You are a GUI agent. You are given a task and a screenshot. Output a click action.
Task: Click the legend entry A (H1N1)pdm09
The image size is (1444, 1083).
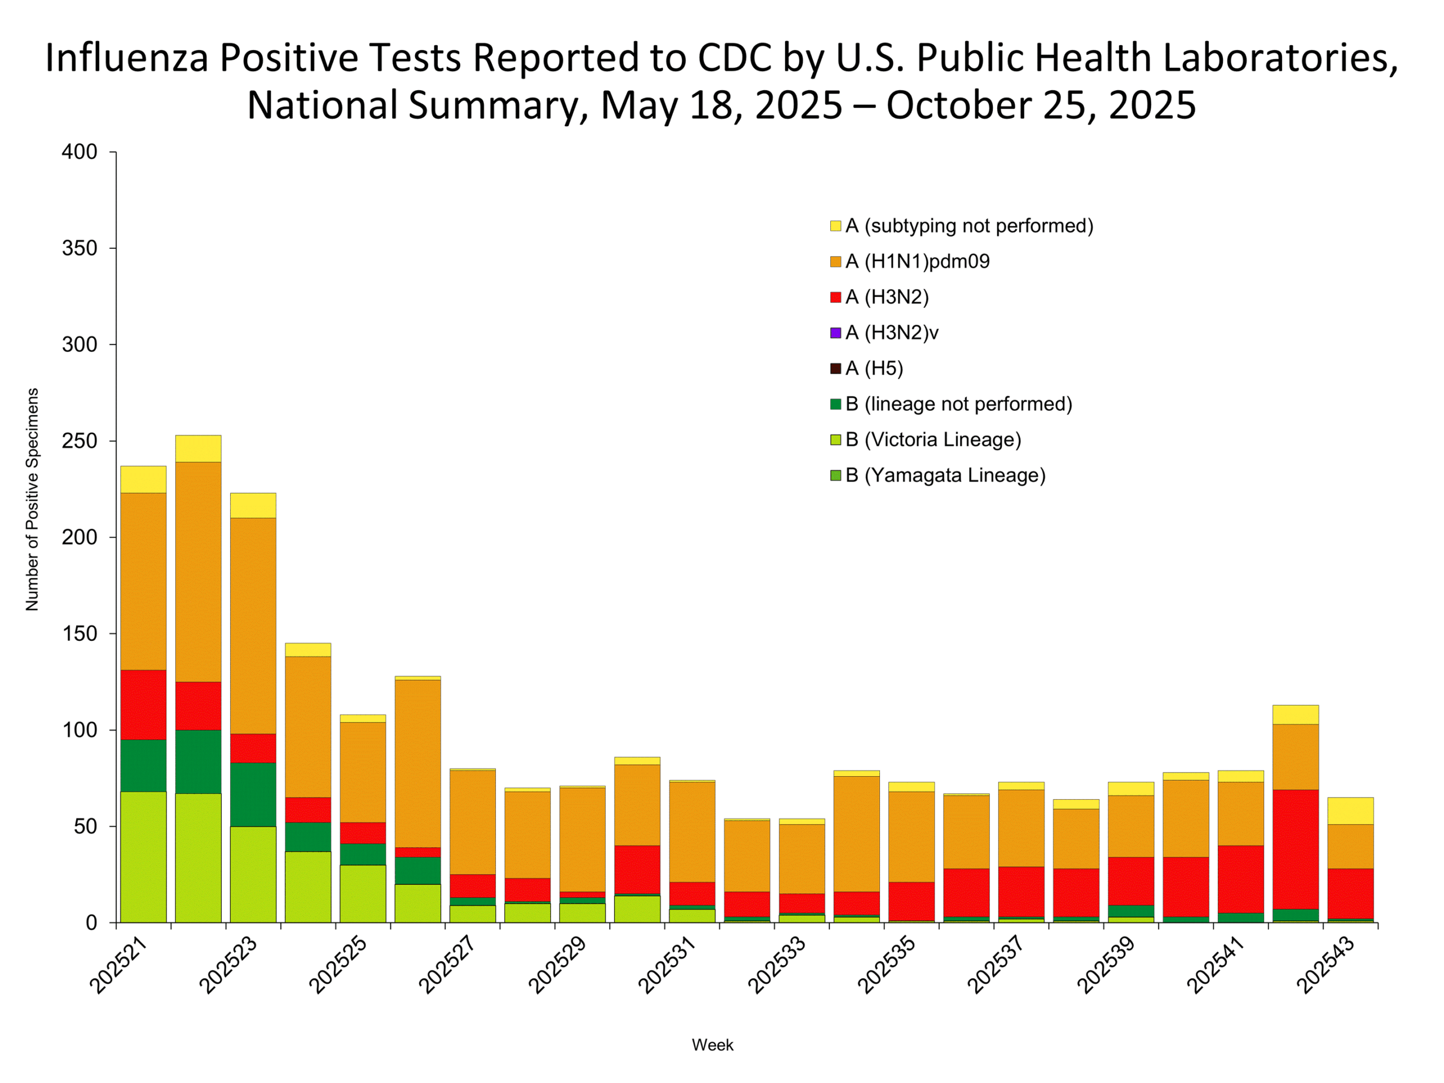917,261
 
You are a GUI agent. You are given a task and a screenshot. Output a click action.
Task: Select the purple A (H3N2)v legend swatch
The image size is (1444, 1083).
835,333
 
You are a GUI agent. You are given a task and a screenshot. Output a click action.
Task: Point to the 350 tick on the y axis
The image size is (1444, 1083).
79,248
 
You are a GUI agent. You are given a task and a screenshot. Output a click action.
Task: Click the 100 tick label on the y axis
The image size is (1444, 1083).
79,730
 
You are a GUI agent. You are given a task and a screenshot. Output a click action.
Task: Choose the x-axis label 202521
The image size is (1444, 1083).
119,963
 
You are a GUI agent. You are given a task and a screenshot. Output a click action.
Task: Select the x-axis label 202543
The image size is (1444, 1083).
1326,963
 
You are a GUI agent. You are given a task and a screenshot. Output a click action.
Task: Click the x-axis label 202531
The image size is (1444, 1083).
667,963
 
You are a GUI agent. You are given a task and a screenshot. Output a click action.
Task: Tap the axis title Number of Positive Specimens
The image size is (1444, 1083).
32,499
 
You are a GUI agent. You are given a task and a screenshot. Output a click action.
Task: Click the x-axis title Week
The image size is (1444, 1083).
712,1045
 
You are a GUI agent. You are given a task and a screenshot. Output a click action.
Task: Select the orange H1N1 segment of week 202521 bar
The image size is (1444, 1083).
143,581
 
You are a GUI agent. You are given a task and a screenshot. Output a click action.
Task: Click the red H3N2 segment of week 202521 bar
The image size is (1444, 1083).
143,705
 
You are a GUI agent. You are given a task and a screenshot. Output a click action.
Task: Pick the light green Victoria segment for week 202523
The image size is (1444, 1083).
253,874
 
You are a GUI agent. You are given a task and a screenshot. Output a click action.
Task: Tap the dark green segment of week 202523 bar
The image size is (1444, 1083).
253,794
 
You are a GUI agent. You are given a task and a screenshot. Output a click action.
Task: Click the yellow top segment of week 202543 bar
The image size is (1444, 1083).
1350,811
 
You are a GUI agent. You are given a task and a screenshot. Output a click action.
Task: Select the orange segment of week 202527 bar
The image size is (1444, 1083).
473,822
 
